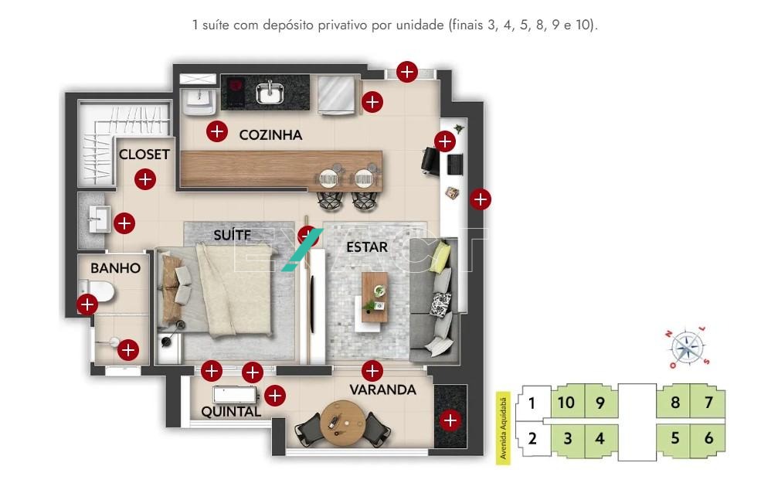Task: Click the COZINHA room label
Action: point(270,135)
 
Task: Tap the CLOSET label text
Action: point(144,155)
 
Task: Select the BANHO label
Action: point(116,268)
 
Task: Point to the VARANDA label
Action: point(382,389)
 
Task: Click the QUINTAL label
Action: point(231,412)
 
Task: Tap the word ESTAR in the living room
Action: point(367,247)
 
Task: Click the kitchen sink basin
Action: point(270,93)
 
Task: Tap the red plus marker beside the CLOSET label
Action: point(145,179)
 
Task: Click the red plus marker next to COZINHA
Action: point(217,131)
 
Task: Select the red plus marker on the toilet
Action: point(87,304)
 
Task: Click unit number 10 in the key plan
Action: point(566,402)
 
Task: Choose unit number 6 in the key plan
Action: point(708,438)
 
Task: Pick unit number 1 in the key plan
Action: point(532,403)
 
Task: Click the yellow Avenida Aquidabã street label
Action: point(503,428)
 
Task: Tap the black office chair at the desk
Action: point(430,161)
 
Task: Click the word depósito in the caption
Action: point(288,26)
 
